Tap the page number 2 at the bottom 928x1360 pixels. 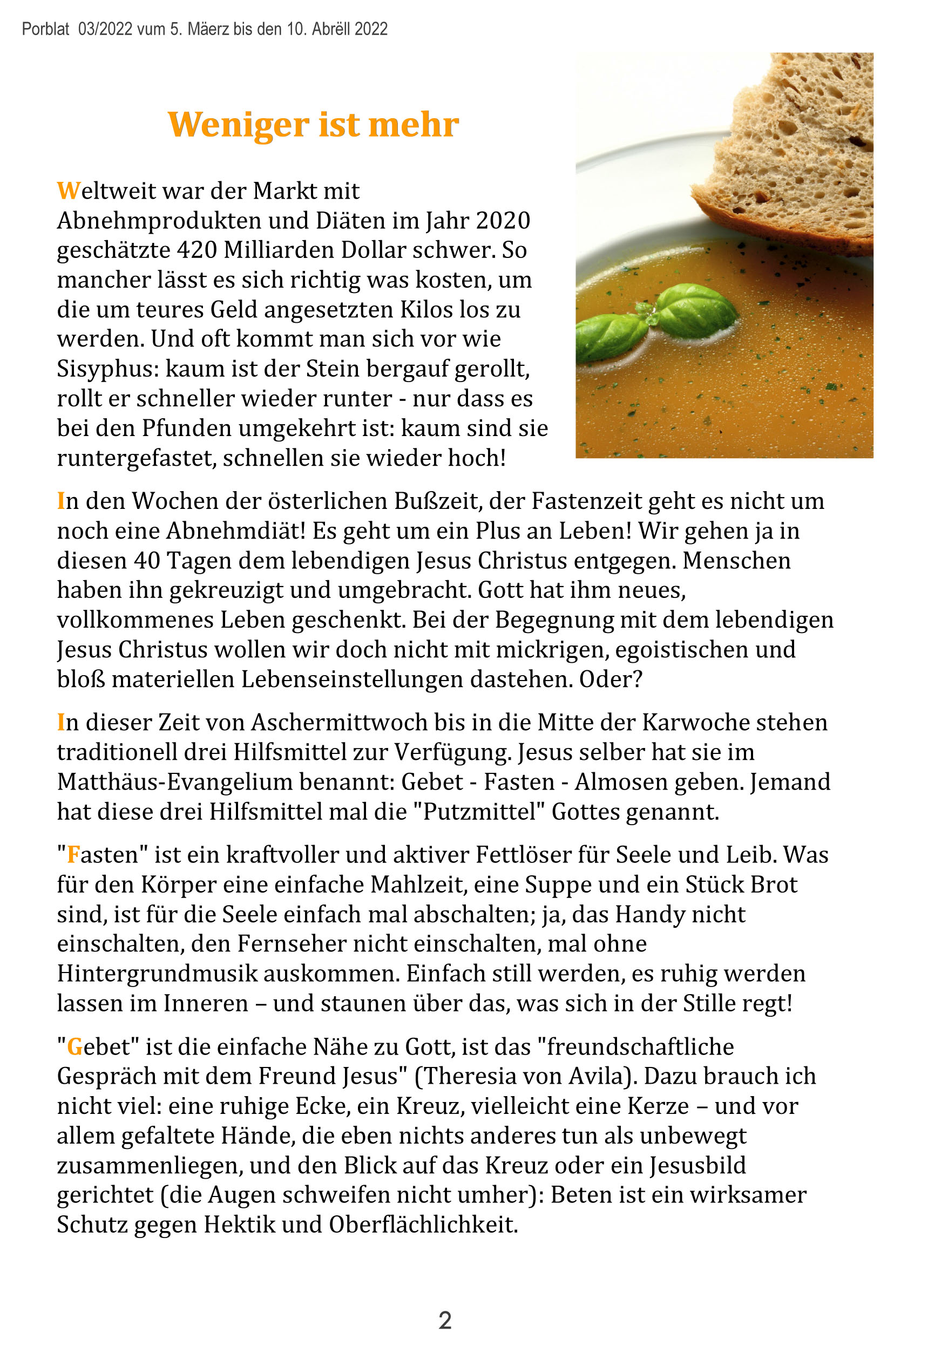tap(445, 1321)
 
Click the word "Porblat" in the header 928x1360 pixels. tap(45, 29)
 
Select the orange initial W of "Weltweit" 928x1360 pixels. tap(68, 192)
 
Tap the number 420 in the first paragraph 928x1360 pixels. tap(197, 250)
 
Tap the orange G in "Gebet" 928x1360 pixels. tap(74, 1047)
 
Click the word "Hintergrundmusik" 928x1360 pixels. tap(157, 974)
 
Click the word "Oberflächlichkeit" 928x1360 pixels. tap(423, 1225)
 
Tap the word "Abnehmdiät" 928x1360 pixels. tap(236, 531)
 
